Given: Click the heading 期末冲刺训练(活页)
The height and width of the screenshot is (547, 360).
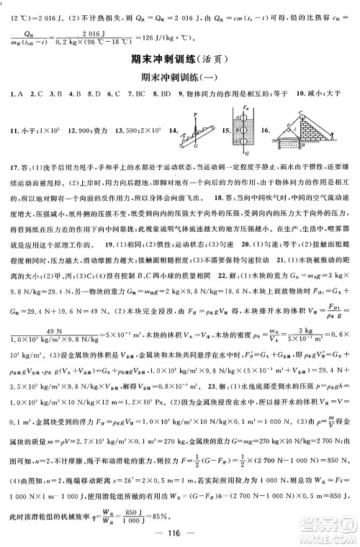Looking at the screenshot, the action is pyautogui.click(x=179, y=60).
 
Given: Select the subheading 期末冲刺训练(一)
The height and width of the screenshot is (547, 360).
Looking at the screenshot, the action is pyautogui.click(x=179, y=78).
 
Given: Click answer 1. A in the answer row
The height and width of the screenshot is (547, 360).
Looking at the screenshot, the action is pyautogui.click(x=10, y=94).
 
